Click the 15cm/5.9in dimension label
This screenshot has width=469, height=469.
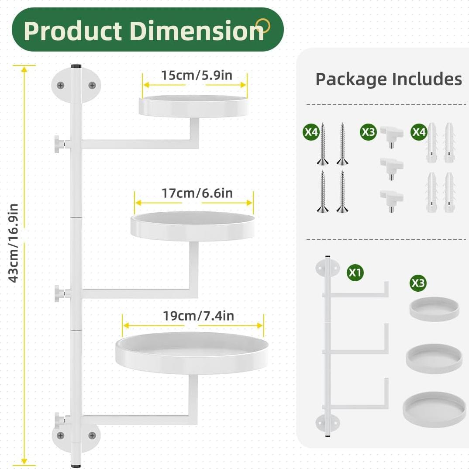pyautogui.click(x=197, y=75)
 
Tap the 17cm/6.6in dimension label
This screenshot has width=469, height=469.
pyautogui.click(x=197, y=193)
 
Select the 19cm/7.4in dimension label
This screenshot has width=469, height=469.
pyautogui.click(x=199, y=316)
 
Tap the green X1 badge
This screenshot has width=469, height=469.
pyautogui.click(x=355, y=273)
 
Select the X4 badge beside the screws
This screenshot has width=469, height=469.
pyautogui.click(x=311, y=132)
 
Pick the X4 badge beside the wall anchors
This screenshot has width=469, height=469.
pyautogui.click(x=419, y=132)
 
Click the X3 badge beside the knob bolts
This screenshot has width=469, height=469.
pyautogui.click(x=368, y=132)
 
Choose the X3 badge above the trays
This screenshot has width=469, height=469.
pyautogui.click(x=418, y=283)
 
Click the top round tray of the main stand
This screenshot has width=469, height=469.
pyautogui.click(x=193, y=106)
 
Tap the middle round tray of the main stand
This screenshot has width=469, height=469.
pyautogui.click(x=193, y=225)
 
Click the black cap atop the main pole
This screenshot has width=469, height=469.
pyautogui.click(x=76, y=66)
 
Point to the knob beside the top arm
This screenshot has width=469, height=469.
pyautogui.click(x=58, y=144)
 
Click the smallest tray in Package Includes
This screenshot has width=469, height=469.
pyautogui.click(x=434, y=309)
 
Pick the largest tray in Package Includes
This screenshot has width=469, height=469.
pyautogui.click(x=434, y=409)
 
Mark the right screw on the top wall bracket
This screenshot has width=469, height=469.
pyautogui.click(x=92, y=85)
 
